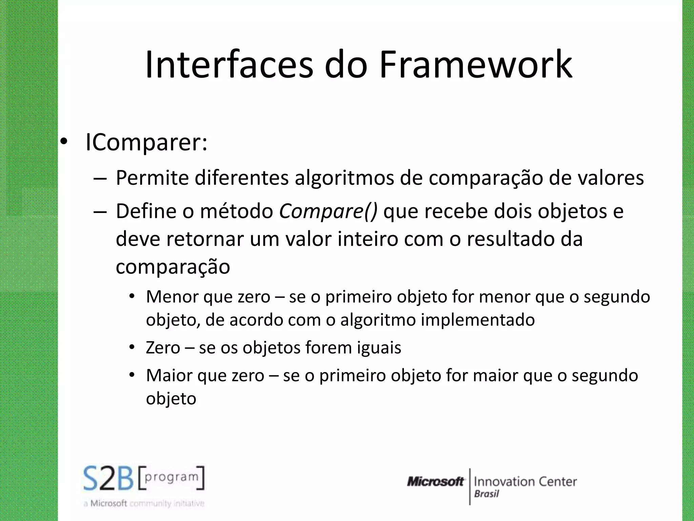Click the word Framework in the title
click(476, 64)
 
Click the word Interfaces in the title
click(229, 64)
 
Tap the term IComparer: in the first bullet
click(146, 142)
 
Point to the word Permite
click(152, 178)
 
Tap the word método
click(237, 211)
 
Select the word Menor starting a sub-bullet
click(172, 297)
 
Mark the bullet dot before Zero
click(132, 347)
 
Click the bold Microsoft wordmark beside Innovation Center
click(435, 481)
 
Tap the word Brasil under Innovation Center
click(486, 494)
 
